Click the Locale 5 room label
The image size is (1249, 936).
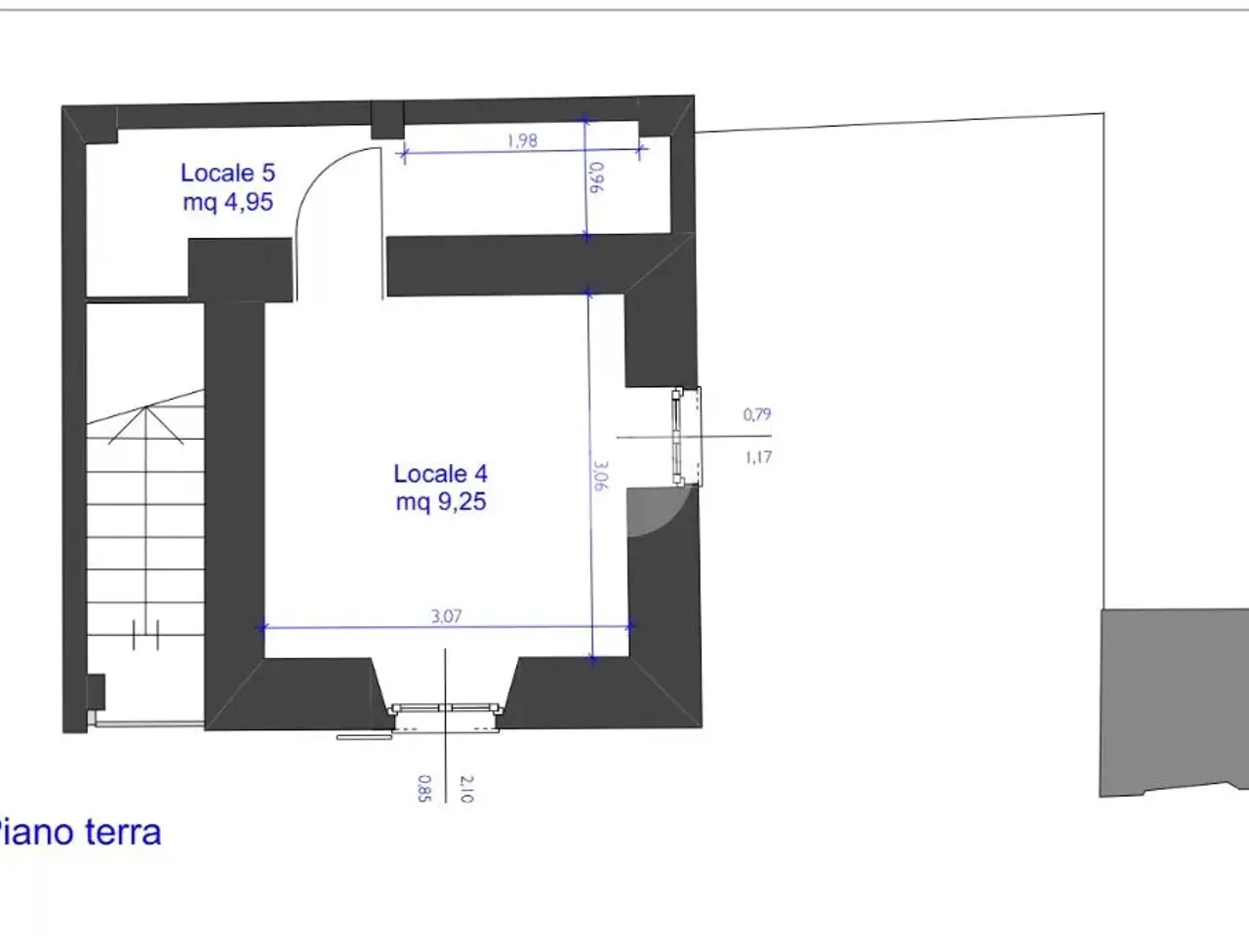coord(227,173)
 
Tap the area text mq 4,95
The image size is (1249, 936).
coord(227,203)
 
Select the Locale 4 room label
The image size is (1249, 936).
coord(440,474)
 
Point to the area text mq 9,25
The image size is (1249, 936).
coord(441,502)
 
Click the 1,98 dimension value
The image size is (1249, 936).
coord(522,140)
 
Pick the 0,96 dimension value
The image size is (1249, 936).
coord(596,177)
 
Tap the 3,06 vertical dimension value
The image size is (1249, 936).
coord(600,475)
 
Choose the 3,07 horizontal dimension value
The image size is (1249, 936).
coord(446,616)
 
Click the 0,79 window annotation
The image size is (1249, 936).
coord(757,414)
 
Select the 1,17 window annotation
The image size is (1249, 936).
coord(758,457)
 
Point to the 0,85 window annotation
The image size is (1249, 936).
coord(423,788)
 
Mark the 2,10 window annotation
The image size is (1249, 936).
coord(465,789)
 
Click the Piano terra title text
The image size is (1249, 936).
coord(80,833)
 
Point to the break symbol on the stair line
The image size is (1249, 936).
coord(145,635)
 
